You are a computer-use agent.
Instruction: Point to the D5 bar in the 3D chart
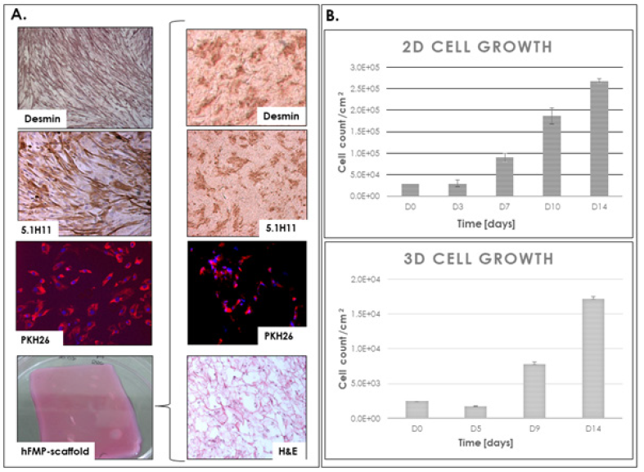[x=475, y=411]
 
